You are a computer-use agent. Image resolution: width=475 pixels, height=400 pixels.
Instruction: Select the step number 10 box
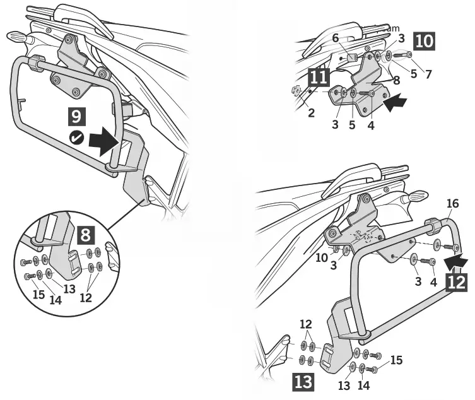(423, 41)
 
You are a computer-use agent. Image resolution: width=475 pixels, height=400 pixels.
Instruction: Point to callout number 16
(452, 203)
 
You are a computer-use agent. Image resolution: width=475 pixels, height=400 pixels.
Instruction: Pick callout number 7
(428, 74)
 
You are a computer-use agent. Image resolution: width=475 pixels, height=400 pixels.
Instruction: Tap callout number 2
(311, 113)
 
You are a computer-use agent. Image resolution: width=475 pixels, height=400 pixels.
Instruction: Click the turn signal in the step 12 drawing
(414, 197)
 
